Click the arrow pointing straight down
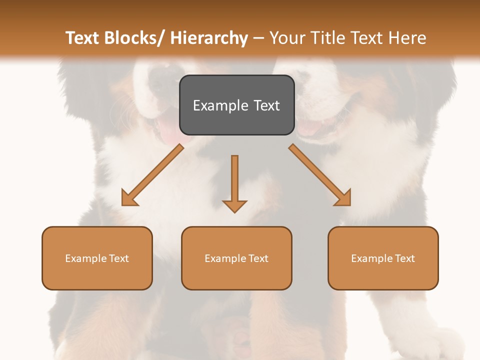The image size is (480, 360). [x=234, y=180]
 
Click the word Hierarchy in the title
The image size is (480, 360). [x=209, y=38]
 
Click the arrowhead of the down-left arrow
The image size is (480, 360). [x=128, y=199]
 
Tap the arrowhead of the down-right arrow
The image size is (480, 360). [x=344, y=199]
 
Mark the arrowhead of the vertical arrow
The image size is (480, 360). [x=234, y=206]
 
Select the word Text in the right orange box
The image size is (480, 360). [x=405, y=258]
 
